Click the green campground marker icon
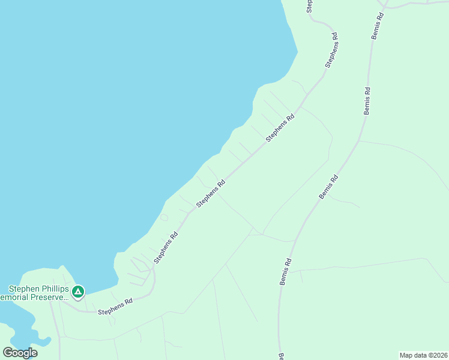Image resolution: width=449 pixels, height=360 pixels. click(x=77, y=292)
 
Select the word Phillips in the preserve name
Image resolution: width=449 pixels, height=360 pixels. click(x=53, y=289)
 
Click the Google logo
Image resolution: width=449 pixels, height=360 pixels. click(x=20, y=353)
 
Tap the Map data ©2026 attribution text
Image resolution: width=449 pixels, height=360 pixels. click(x=423, y=355)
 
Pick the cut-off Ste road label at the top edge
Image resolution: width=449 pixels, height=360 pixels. click(x=310, y=6)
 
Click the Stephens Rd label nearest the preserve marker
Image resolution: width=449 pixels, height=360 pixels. click(x=115, y=307)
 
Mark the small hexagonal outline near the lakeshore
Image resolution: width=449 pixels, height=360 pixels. click(x=164, y=217)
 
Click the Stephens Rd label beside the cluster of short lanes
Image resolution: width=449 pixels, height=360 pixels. click(x=166, y=248)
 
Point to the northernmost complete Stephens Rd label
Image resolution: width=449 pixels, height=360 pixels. click(x=332, y=50)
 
